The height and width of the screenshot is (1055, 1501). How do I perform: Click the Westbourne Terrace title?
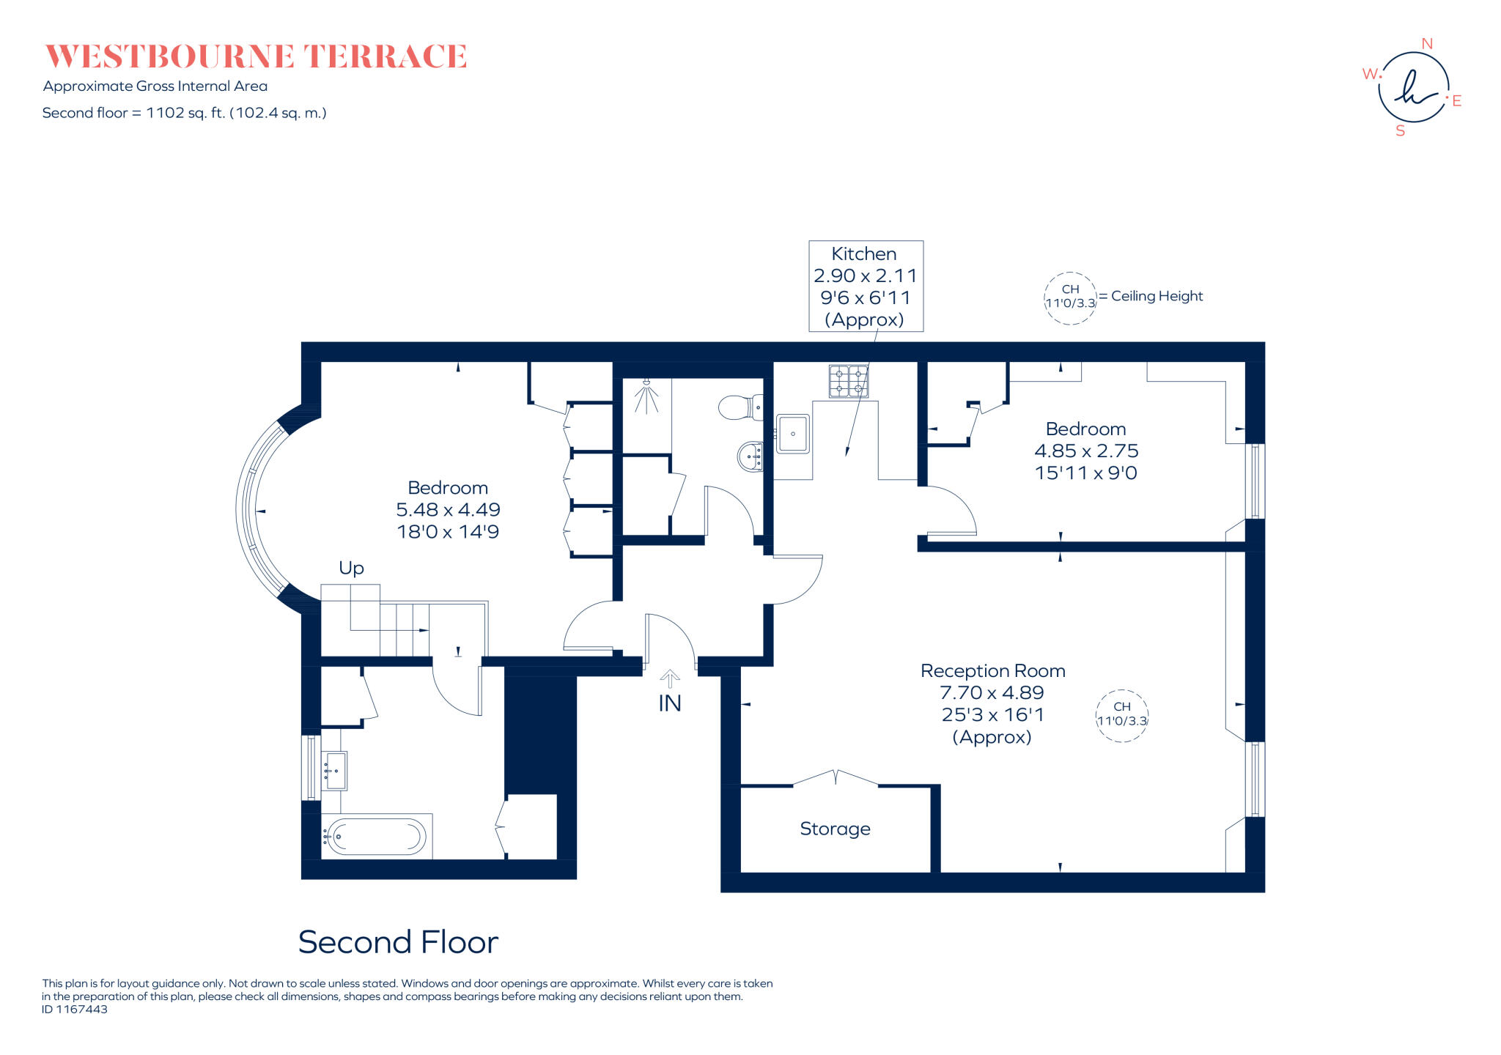pyautogui.click(x=256, y=56)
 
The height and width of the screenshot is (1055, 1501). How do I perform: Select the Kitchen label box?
pyautogui.click(x=866, y=286)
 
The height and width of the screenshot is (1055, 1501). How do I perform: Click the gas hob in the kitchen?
pyautogui.click(x=849, y=381)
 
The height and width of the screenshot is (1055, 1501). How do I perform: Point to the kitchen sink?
pyautogui.click(x=793, y=434)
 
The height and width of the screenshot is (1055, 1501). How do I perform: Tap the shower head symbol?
pyautogui.click(x=646, y=396)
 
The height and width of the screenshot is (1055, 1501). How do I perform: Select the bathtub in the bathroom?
pyautogui.click(x=376, y=836)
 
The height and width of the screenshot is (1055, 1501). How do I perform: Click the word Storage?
pyautogui.click(x=835, y=829)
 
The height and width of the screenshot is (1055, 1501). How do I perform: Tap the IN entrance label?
pyautogui.click(x=670, y=703)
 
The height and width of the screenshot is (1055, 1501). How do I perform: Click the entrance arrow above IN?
pyautogui.click(x=670, y=678)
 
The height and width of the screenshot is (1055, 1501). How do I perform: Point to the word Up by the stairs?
pyautogui.click(x=351, y=569)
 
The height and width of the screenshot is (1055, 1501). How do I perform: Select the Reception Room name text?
pyautogui.click(x=992, y=671)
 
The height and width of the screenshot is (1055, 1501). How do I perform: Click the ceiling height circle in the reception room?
pyautogui.click(x=1121, y=715)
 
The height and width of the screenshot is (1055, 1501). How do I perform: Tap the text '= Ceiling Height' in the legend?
pyautogui.click(x=1151, y=296)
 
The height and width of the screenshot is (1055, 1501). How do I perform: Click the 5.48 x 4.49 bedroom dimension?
pyautogui.click(x=448, y=510)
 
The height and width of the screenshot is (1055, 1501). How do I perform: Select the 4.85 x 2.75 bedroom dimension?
pyautogui.click(x=1086, y=451)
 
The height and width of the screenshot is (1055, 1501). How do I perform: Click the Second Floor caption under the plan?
pyautogui.click(x=398, y=942)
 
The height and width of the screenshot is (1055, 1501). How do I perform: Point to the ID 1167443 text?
pyautogui.click(x=75, y=1010)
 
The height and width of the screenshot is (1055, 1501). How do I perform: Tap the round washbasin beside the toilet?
pyautogui.click(x=750, y=456)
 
